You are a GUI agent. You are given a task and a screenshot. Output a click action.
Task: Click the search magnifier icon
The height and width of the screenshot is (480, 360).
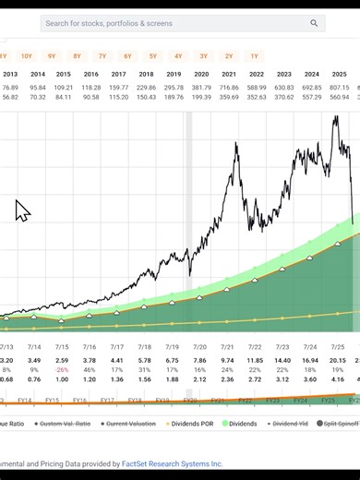click(315, 23)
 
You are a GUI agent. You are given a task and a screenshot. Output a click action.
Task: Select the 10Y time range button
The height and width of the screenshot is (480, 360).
click(26, 56)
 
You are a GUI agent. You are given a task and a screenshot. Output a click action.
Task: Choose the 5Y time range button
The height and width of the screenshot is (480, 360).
click(153, 56)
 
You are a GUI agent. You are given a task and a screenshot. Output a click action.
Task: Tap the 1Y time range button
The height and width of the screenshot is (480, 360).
click(254, 56)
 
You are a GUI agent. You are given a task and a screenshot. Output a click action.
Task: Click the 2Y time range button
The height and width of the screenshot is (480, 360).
click(229, 56)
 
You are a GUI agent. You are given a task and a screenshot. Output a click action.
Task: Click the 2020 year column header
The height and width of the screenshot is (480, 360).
click(201, 74)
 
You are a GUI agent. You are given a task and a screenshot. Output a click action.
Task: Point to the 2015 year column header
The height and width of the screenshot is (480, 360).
click(63, 74)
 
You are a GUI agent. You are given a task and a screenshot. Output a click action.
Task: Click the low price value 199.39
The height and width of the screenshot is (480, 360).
click(201, 97)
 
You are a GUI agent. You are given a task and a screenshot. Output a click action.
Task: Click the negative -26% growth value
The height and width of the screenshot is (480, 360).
click(62, 369)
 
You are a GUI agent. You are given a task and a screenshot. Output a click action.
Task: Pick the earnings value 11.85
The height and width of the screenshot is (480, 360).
click(256, 360)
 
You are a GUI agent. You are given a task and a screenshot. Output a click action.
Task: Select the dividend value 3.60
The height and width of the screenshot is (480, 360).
click(311, 378)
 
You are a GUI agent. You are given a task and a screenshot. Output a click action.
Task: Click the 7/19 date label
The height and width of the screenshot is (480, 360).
click(173, 346)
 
